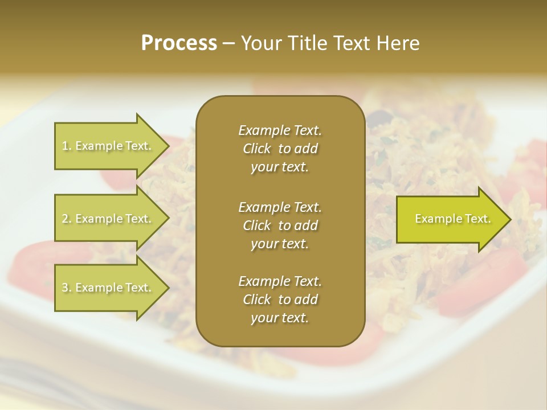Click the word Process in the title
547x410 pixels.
point(179,43)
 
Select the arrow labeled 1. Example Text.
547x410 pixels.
point(108,146)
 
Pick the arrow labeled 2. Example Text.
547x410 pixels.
point(108,219)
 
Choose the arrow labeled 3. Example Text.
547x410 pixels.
point(108,288)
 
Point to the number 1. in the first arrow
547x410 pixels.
point(66,146)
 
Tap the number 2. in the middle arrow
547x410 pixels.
point(66,219)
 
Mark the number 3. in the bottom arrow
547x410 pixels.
point(66,288)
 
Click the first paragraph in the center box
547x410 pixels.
point(280,149)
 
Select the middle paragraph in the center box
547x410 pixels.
point(280,225)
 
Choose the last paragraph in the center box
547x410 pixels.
point(280,300)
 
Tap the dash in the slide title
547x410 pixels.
point(229,43)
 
